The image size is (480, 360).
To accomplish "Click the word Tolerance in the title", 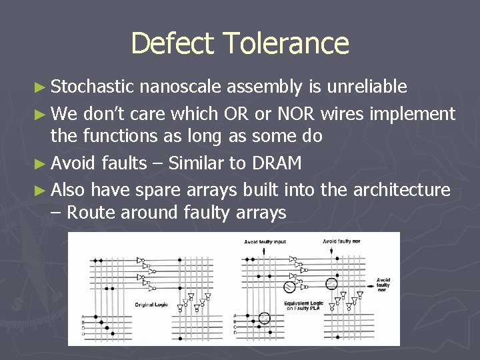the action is tap(285, 43).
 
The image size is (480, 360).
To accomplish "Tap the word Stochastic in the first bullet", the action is tap(93, 86).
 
